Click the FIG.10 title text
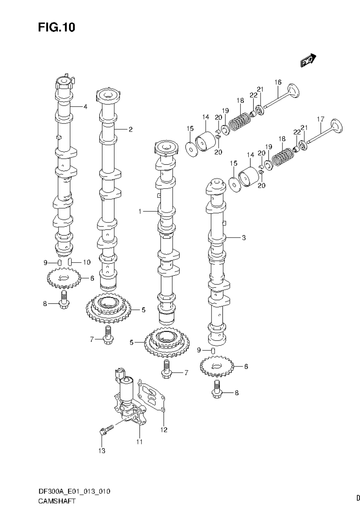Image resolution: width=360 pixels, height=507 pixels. point(56,27)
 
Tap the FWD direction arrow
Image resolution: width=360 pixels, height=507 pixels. point(308,61)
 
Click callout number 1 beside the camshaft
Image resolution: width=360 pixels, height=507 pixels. point(139,211)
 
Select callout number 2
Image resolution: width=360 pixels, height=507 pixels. point(131,129)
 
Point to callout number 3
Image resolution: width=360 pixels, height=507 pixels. point(244,238)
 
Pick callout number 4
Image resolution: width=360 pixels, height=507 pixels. point(85,106)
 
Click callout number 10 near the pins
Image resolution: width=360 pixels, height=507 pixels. point(86,262)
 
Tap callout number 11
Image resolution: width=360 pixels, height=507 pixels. point(139,442)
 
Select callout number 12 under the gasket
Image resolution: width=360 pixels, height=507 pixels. point(164,430)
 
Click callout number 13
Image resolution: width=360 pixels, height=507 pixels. point(102,451)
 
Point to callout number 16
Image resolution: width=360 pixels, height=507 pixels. point(278,82)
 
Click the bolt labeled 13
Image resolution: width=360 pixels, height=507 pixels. point(106,430)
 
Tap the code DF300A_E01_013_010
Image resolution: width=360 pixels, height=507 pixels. point(74,491)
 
